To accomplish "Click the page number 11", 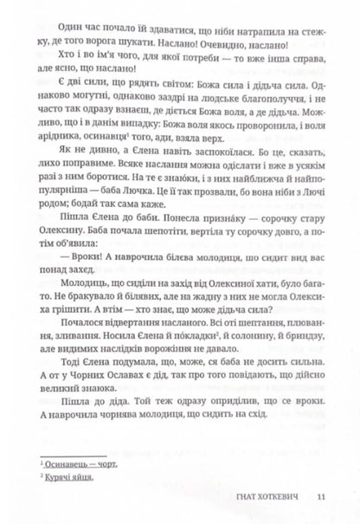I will click(x=321, y=496).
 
